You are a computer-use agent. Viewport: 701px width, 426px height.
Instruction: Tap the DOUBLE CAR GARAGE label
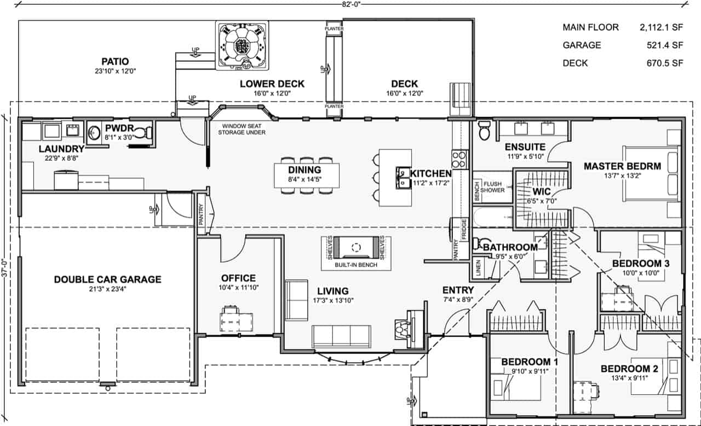click(108, 279)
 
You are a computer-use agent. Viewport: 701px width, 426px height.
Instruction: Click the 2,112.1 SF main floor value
click(662, 27)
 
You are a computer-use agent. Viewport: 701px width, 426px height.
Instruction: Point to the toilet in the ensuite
click(484, 131)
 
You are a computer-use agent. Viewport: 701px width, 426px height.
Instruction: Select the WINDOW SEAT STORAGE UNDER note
click(242, 129)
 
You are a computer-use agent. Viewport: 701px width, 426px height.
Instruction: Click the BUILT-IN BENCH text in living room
click(357, 265)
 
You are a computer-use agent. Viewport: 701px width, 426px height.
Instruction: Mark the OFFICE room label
click(238, 278)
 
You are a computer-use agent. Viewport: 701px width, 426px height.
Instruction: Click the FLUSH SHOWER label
click(493, 187)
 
